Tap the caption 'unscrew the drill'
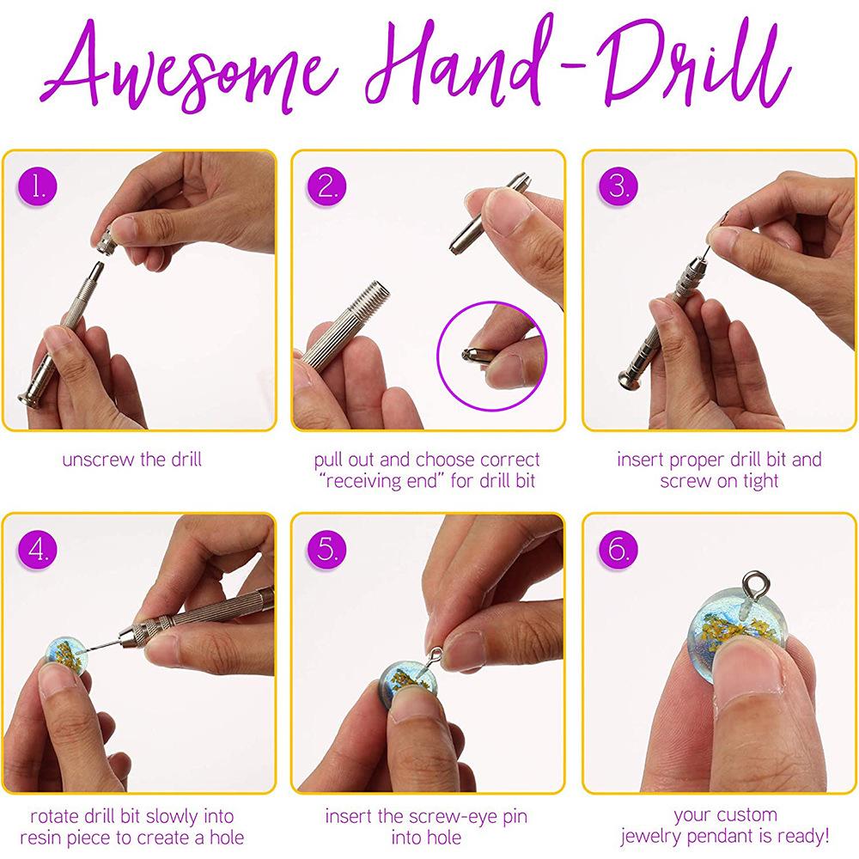pyautogui.click(x=131, y=460)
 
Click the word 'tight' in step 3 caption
pyautogui.click(x=758, y=481)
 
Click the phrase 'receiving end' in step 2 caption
pyautogui.click(x=369, y=481)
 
